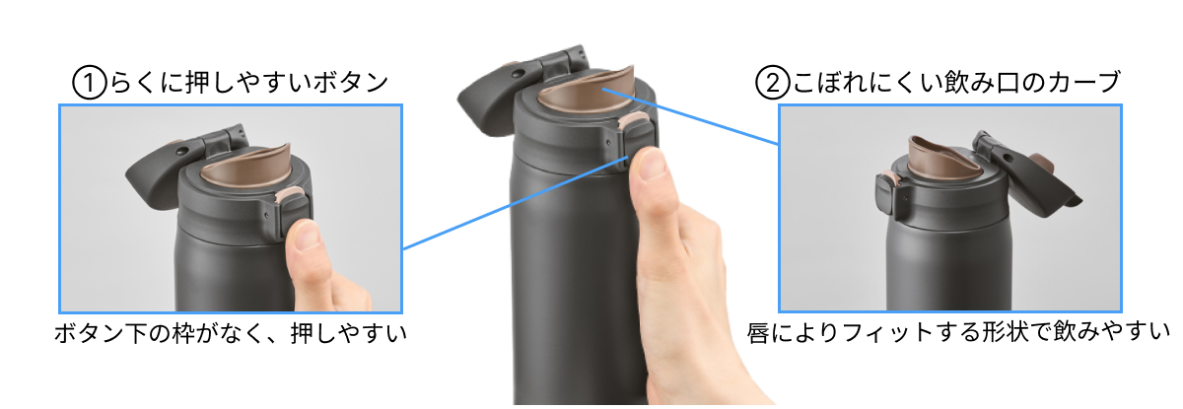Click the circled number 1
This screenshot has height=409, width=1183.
(90, 83)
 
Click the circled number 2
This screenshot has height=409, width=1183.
(773, 83)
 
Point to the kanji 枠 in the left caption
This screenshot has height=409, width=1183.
(183, 333)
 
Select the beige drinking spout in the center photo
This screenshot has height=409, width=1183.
(586, 94)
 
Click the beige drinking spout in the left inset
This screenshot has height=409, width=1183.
(247, 168)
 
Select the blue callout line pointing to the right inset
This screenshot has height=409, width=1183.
(691, 116)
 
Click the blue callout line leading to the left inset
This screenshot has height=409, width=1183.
(516, 202)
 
